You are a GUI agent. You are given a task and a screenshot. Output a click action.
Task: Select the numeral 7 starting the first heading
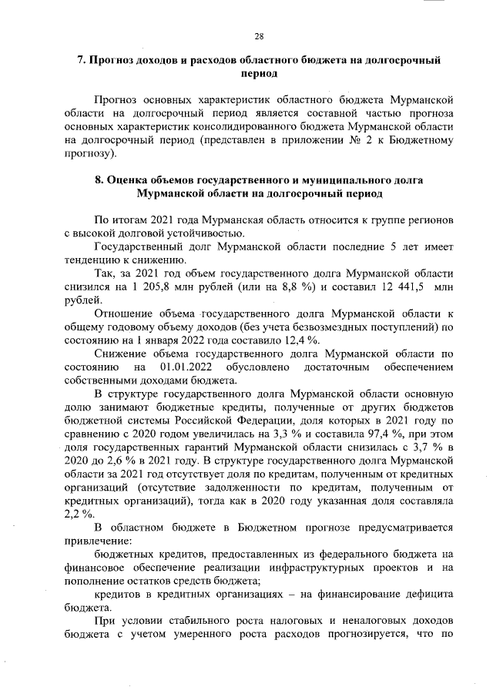coord(82,60)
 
